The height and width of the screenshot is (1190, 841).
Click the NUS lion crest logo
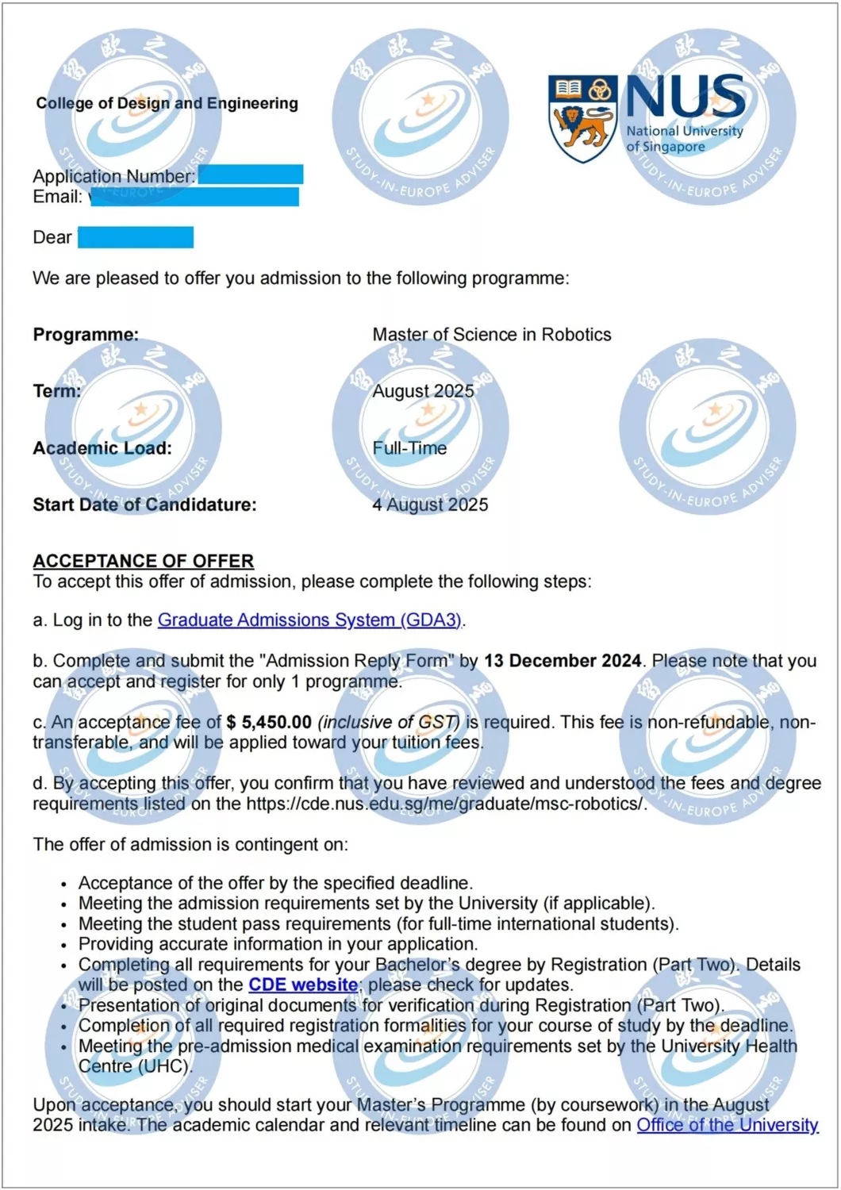coord(582,117)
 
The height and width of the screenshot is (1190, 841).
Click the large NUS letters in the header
coord(685,97)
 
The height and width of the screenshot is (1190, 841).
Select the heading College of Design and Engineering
coord(167,103)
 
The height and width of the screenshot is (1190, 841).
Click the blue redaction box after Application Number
coord(251,175)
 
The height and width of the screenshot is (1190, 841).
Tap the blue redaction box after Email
coord(194,197)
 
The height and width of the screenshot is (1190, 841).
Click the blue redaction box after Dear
coord(136,237)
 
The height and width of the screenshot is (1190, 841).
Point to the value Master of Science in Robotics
coord(492,335)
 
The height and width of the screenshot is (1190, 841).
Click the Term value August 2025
coord(423,391)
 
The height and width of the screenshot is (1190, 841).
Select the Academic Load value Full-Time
coord(409,448)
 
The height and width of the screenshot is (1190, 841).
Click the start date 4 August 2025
coord(430,505)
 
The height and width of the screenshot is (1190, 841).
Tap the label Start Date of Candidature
coord(144,505)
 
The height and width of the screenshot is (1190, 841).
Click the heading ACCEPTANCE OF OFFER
coord(143,561)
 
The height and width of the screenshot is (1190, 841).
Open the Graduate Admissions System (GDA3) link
coord(309,620)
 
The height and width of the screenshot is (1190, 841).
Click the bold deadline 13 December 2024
coord(563,661)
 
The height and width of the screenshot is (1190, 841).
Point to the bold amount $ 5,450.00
coord(269,722)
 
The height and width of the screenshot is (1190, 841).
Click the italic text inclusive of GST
coord(389,722)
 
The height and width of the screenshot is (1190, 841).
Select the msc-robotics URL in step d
coord(446,804)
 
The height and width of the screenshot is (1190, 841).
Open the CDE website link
coord(303,985)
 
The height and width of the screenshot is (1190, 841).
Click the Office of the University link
coord(727,1125)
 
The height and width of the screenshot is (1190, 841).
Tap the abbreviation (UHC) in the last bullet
coord(163,1066)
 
